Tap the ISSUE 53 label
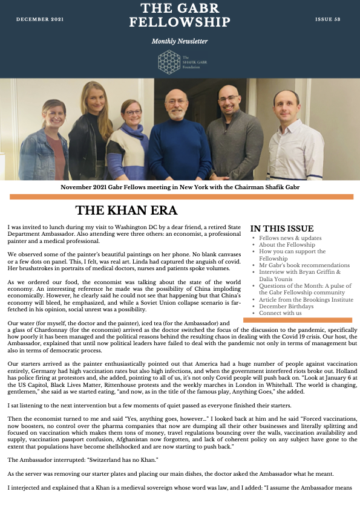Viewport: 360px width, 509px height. [328, 20]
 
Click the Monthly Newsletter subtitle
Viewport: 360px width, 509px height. [180, 41]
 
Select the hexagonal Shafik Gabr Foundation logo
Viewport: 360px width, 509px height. [169, 62]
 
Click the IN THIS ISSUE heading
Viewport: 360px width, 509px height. [282, 229]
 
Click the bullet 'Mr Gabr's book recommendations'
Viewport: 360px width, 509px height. [304, 265]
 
